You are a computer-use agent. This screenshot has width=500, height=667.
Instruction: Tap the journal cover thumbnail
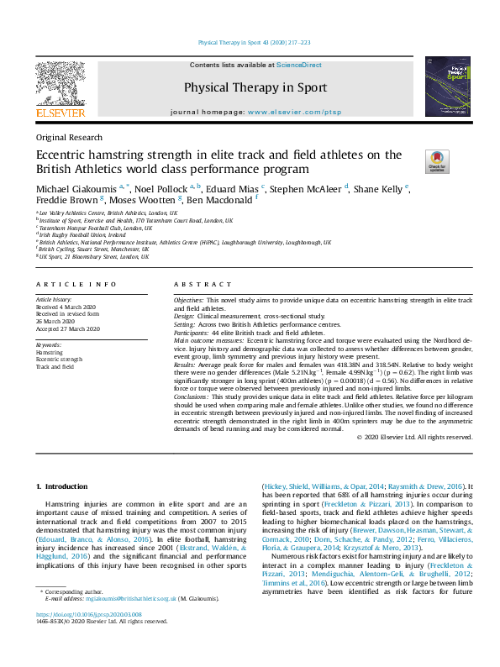(447, 86)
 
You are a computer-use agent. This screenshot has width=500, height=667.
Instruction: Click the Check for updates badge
(438, 161)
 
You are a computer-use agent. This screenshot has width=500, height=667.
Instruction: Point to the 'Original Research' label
(69, 137)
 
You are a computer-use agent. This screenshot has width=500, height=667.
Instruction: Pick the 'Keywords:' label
(49, 345)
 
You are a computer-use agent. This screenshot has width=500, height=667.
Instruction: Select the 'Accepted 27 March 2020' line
(68, 328)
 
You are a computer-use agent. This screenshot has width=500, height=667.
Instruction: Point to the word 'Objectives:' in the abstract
(188, 299)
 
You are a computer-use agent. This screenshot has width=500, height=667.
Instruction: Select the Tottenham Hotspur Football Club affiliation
(95, 227)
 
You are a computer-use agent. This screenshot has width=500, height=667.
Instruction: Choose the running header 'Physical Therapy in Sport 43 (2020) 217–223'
(254, 41)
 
